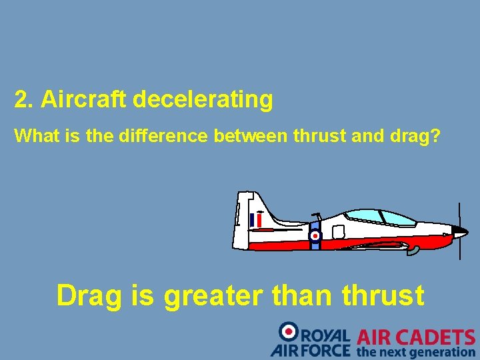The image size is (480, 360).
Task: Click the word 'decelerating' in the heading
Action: click(203, 100)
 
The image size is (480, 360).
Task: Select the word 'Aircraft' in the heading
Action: click(84, 100)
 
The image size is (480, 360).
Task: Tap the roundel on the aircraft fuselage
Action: click(315, 235)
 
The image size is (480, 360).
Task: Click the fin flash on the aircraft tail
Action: click(255, 220)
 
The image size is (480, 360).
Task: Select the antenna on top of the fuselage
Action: click(317, 215)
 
